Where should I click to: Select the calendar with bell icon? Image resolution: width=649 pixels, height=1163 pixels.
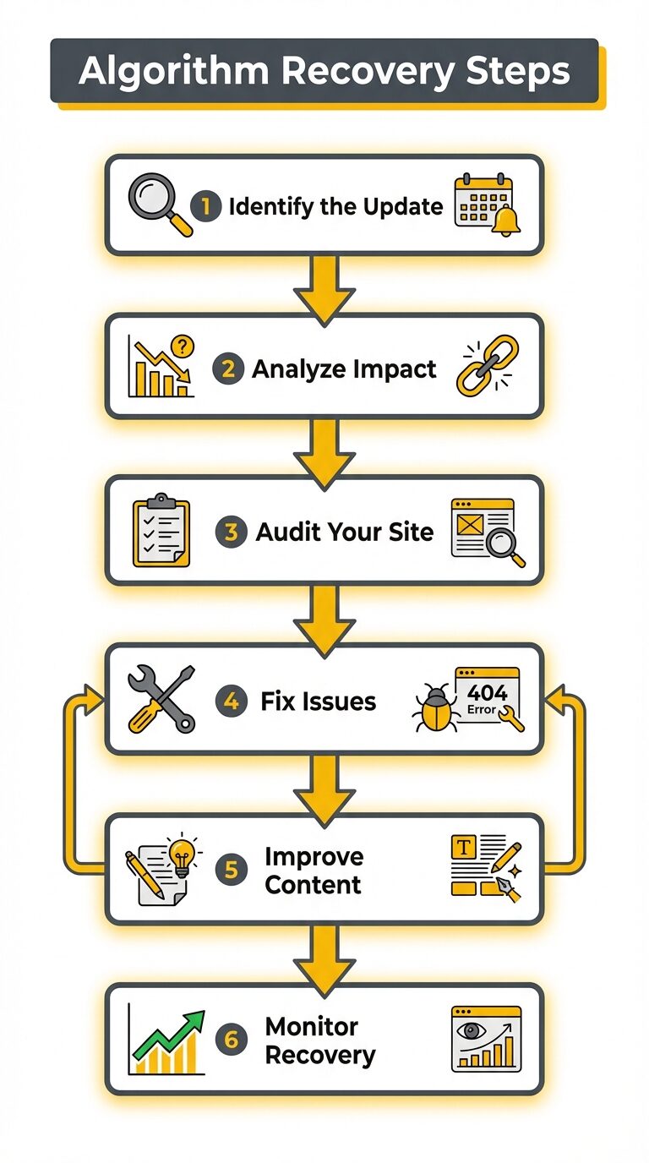pos(485,204)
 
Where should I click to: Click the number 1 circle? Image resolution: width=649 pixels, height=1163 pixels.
pos(206,205)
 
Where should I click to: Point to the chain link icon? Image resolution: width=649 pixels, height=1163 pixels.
pos(488,366)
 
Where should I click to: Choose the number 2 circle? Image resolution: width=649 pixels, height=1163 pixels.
pos(228,369)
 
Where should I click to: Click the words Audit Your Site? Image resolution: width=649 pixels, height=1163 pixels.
pos(344,532)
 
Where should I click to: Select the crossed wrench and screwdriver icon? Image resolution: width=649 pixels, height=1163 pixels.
pos(161,699)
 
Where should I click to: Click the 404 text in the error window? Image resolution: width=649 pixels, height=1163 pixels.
pos(488,693)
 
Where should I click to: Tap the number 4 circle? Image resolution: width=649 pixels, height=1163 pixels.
pos(232,702)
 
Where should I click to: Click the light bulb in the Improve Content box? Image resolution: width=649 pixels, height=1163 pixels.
pos(181,855)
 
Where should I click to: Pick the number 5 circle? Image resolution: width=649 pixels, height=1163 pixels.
pos(232,871)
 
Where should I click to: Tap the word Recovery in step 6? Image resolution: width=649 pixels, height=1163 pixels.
pos(319,1055)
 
